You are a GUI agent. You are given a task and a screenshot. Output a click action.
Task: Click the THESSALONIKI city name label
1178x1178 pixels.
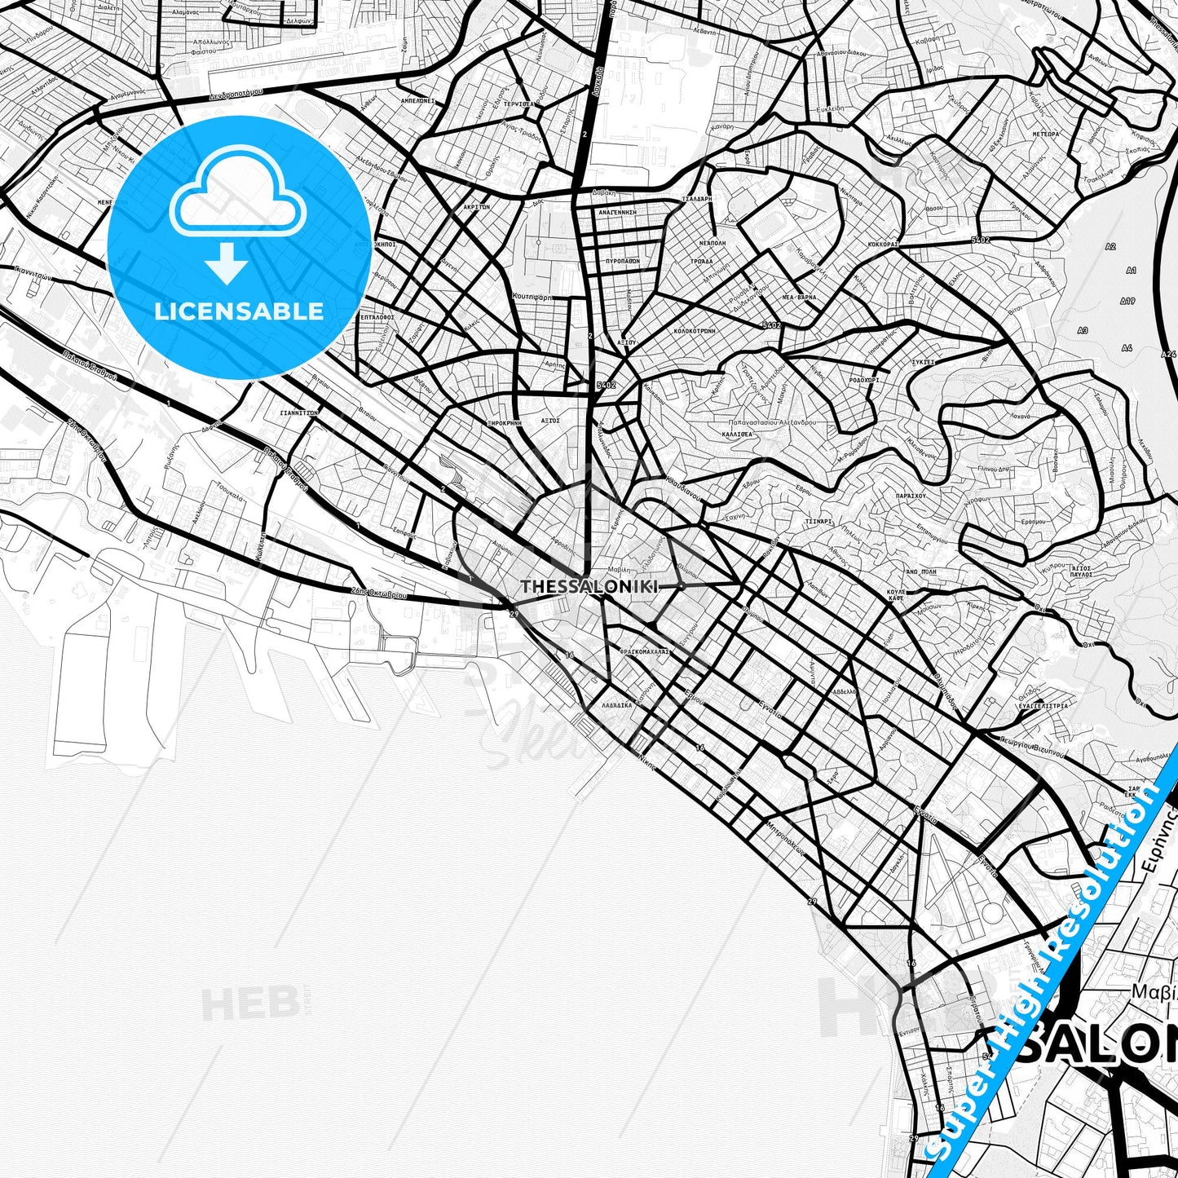[589, 586]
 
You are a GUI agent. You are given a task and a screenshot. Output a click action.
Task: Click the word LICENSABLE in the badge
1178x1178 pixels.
[239, 311]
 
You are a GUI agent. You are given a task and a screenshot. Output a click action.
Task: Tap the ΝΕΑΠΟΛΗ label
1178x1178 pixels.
[712, 243]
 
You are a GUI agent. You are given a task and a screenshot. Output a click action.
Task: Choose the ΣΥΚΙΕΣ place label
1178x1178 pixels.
[924, 360]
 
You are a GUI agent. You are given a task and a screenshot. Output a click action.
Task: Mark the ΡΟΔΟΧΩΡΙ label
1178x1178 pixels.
[864, 380]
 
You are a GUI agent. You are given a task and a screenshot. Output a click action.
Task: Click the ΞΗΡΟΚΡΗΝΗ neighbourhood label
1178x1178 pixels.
[503, 424]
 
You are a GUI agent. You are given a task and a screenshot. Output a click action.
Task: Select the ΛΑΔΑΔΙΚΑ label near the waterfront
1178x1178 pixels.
[617, 705]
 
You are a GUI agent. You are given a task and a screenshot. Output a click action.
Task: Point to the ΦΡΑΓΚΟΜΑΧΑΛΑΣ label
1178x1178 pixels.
[645, 651]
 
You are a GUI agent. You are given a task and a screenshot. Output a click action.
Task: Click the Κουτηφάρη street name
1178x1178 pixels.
[532, 298]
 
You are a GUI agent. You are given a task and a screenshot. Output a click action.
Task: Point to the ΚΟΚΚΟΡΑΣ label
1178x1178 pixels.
[883, 243]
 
